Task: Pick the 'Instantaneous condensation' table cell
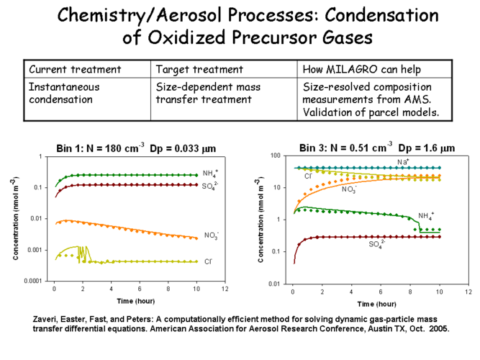(64, 92)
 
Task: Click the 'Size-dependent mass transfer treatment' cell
(209, 92)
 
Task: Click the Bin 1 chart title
(137, 148)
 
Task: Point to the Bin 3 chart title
(377, 148)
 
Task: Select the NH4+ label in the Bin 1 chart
(211, 174)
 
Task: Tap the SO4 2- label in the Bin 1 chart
(211, 186)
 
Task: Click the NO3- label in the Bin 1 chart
(212, 235)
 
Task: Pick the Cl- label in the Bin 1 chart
(209, 261)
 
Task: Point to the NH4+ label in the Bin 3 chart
(427, 215)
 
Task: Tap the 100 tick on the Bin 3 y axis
(276, 156)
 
